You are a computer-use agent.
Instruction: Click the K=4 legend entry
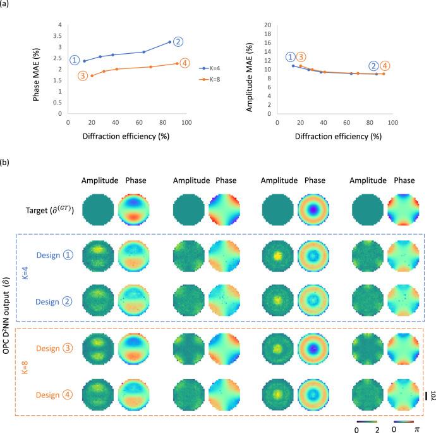pos(213,68)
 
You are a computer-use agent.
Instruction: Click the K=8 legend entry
pos(213,80)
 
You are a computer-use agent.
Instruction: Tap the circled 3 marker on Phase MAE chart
pos(83,76)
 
